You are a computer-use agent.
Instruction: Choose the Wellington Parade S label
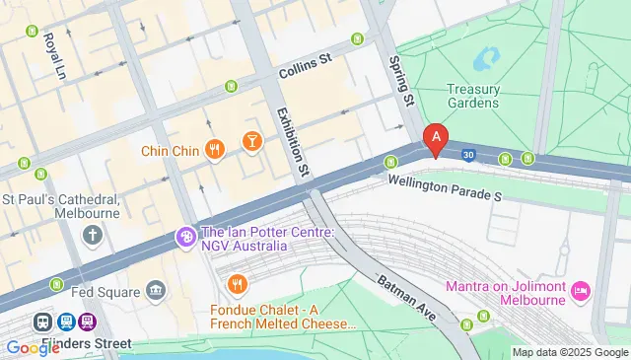click(x=445, y=188)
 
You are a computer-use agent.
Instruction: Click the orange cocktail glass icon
click(x=252, y=143)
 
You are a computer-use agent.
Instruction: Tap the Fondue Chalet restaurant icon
click(x=237, y=286)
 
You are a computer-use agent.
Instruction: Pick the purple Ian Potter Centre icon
click(x=184, y=237)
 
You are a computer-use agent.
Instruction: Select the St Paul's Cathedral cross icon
click(x=93, y=235)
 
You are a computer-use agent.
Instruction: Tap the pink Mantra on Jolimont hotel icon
click(x=582, y=291)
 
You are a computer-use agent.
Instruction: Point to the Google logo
click(x=33, y=347)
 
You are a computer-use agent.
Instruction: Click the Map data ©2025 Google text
click(x=570, y=352)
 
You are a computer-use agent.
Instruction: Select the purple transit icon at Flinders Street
click(x=89, y=322)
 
